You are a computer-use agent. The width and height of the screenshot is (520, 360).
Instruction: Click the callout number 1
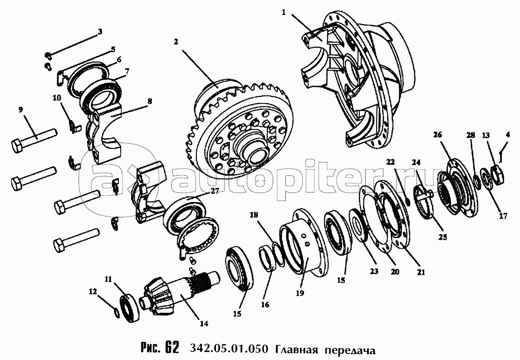pyautogui.click(x=284, y=12)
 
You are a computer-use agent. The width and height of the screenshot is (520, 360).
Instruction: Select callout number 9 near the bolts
pyautogui.click(x=20, y=109)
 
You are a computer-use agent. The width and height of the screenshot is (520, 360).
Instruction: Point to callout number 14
pyautogui.click(x=204, y=323)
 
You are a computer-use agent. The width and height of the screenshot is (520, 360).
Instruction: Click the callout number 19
pyautogui.click(x=300, y=293)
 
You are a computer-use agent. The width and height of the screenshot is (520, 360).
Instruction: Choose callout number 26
pyautogui.click(x=437, y=134)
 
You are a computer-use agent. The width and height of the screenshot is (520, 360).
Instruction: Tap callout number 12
pyautogui.click(x=93, y=291)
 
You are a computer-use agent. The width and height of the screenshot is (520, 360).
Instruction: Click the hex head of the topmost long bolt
pyautogui.click(x=17, y=146)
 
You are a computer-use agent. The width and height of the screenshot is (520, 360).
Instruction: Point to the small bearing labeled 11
pyautogui.click(x=129, y=308)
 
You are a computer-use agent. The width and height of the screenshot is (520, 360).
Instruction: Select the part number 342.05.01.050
pyautogui.click(x=229, y=349)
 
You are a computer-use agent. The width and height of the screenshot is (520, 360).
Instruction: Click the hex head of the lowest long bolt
pyautogui.click(x=60, y=245)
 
